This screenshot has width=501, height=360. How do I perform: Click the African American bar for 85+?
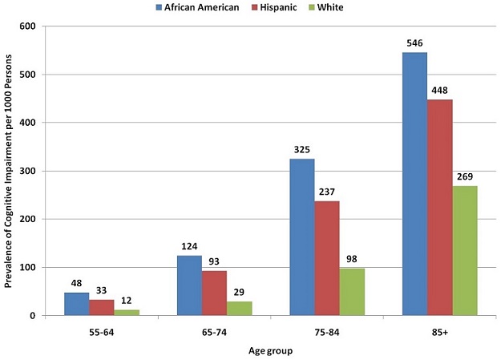tap(414, 184)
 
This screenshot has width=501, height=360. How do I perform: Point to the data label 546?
tap(415, 44)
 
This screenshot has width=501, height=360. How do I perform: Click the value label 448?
tap(440, 91)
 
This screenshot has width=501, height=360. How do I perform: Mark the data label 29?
tap(238, 293)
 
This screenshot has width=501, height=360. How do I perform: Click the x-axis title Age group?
tap(270, 350)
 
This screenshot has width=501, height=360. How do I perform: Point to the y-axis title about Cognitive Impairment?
tap(10, 170)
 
